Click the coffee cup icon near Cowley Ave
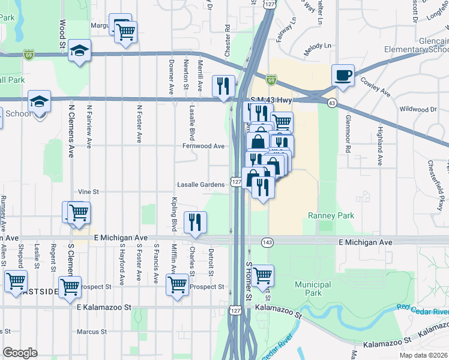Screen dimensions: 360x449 click(343, 75)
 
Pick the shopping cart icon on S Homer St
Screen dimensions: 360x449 click(262, 275)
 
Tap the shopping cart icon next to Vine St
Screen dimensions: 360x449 click(78, 212)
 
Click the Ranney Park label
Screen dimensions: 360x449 click(331, 215)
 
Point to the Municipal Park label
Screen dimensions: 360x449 click(313, 289)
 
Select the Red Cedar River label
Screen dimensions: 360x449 click(423, 310)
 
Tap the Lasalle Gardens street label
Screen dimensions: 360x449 click(200, 185)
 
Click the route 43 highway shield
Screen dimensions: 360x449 click(331, 104)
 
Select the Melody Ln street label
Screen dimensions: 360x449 click(318, 46)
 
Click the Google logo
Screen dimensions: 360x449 click(20, 353)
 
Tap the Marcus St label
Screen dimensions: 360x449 click(92, 331)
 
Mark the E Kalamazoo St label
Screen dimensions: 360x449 click(104, 307)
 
